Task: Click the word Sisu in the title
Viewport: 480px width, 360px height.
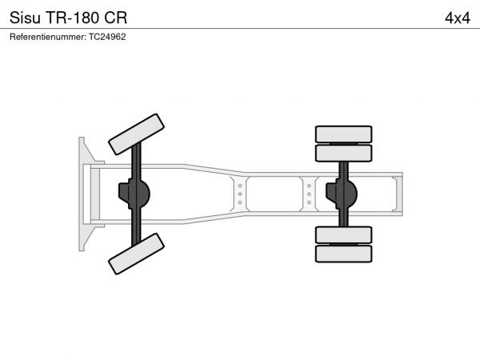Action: point(25,18)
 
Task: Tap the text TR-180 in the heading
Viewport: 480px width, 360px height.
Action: point(72,18)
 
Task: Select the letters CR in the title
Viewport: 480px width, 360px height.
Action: point(115,18)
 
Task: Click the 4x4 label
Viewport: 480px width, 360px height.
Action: point(458,18)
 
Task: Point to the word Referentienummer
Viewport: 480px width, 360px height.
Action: point(48,37)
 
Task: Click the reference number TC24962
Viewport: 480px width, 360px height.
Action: point(107,37)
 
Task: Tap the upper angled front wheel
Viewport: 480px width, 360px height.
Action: point(136,134)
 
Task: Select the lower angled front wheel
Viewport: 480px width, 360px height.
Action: point(136,254)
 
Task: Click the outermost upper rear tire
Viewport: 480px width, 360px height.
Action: point(343,134)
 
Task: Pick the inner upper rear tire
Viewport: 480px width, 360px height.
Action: point(343,153)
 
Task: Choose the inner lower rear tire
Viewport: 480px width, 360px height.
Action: point(343,234)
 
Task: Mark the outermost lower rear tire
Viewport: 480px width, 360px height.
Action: point(343,254)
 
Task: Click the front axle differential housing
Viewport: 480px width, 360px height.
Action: point(134,194)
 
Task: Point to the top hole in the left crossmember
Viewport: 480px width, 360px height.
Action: point(240,186)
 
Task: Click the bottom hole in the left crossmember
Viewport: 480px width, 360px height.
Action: point(240,202)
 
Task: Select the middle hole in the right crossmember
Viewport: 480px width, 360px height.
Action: point(309,194)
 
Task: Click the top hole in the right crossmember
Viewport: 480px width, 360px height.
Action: point(309,186)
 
